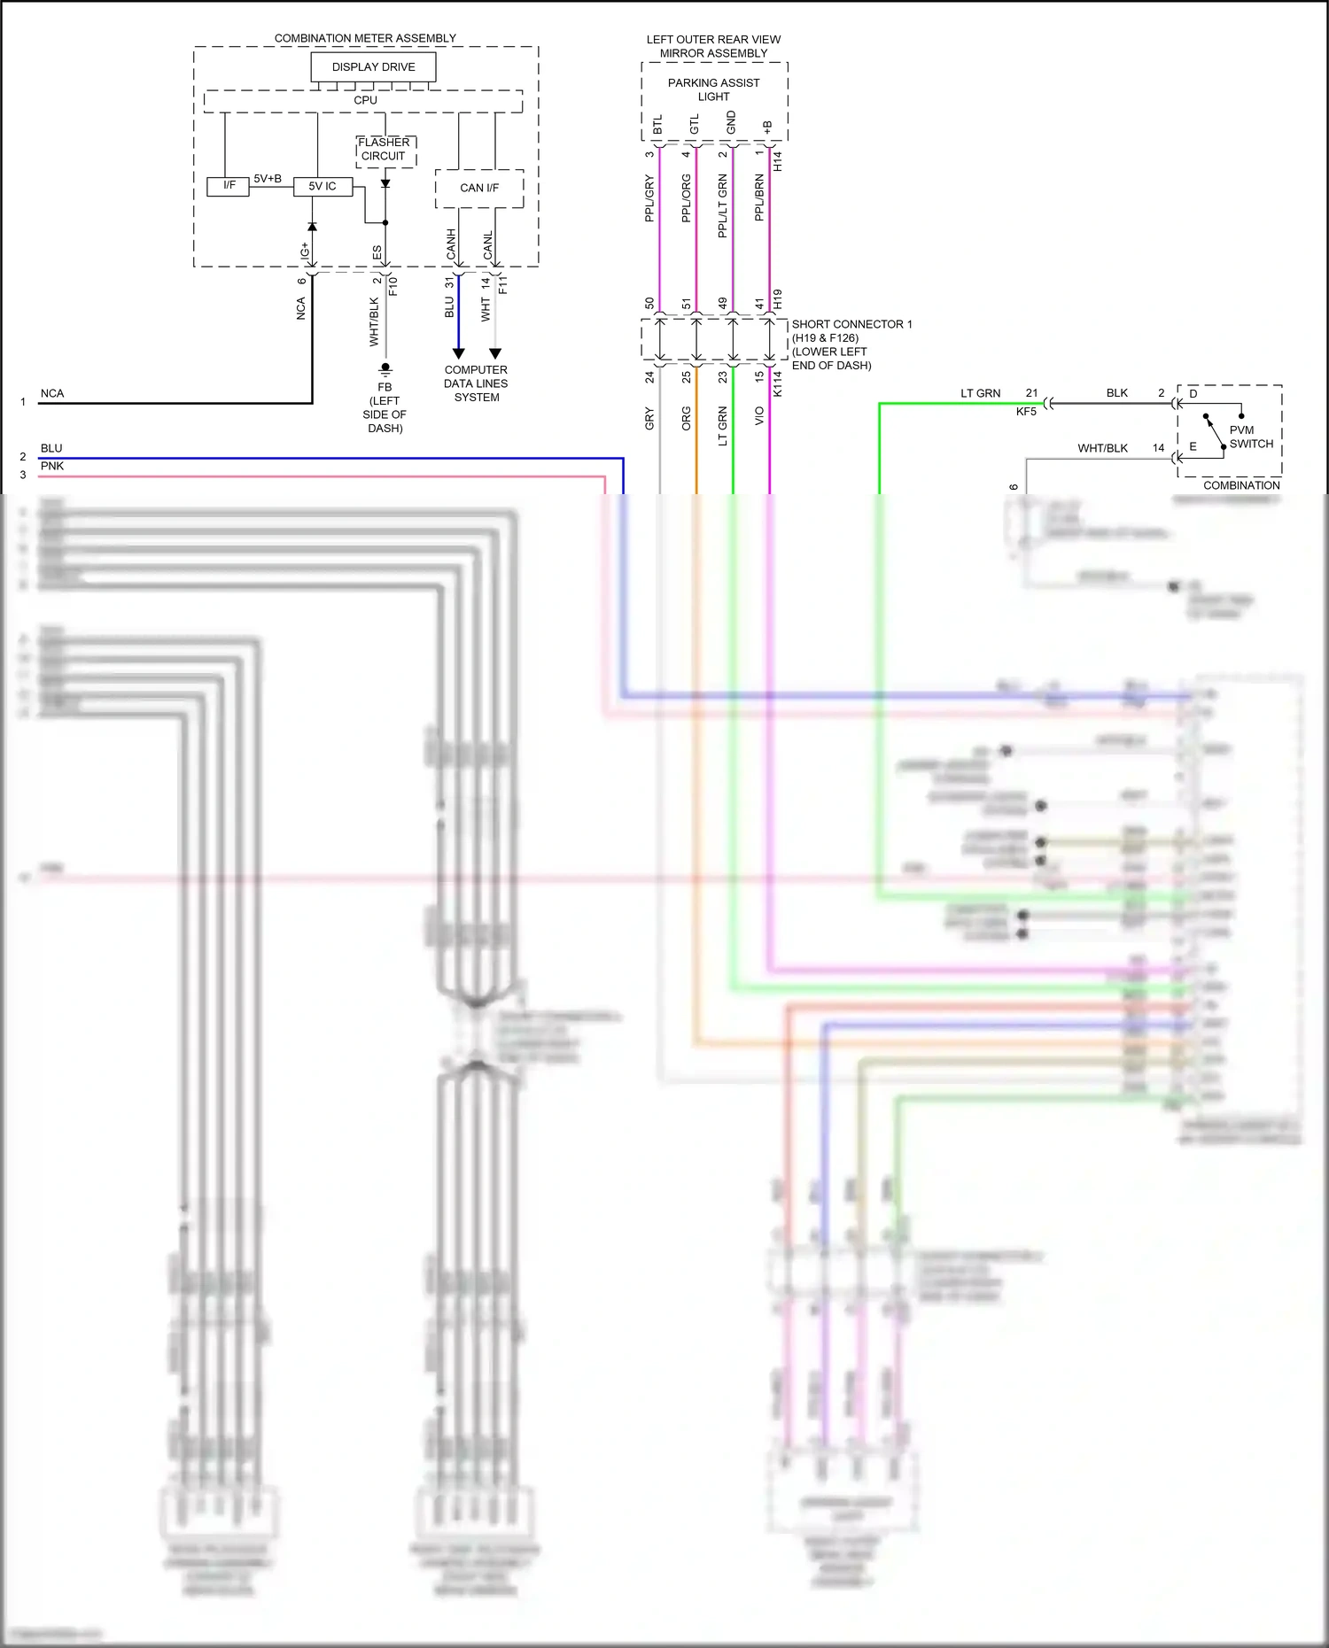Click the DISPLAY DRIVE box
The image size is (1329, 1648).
coord(373,67)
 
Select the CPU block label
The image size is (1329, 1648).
coord(365,100)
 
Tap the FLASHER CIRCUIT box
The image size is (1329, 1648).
coord(385,150)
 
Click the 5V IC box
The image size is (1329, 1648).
coord(323,187)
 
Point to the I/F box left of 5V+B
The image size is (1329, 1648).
coord(229,186)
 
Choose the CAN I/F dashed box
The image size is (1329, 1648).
coord(479,188)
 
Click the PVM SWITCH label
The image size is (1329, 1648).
coord(1250,437)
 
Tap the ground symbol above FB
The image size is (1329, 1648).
coord(385,368)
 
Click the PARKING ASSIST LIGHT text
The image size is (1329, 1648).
coord(713,89)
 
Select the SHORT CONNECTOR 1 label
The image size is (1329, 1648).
coord(851,324)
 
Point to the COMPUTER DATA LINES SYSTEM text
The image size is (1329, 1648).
coord(476,383)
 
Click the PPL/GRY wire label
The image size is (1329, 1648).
coord(649,198)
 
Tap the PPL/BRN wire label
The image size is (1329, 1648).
coord(759,197)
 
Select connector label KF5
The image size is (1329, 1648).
coord(1026,412)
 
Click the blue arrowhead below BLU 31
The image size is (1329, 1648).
coord(458,353)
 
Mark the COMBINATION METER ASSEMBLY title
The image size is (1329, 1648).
coord(365,38)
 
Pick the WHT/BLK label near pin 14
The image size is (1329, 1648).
coord(1102,448)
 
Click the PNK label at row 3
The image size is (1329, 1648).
coord(52,466)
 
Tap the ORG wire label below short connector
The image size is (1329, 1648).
coord(686,419)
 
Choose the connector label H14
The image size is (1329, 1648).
coord(778,161)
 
